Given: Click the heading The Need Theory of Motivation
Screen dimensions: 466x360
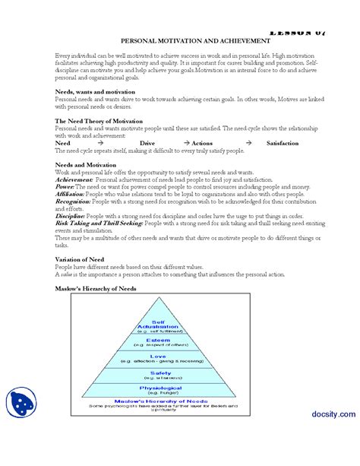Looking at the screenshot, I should pyautogui.click(x=98, y=121).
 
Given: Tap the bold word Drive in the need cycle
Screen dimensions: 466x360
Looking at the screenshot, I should pyautogui.click(x=148, y=143).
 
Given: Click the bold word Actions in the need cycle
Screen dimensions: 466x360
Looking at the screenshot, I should pyautogui.click(x=202, y=143).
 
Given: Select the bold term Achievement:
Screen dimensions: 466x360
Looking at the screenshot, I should pyautogui.click(x=74, y=179).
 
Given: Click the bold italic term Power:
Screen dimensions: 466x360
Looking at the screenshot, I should pyautogui.click(x=65, y=186).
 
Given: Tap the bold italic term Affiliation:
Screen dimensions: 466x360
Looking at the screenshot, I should pyautogui.click(x=70, y=194).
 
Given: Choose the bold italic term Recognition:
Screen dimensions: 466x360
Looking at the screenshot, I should pyautogui.click(x=73, y=201).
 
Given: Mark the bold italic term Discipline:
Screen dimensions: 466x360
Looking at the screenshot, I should pyautogui.click(x=71, y=215).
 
